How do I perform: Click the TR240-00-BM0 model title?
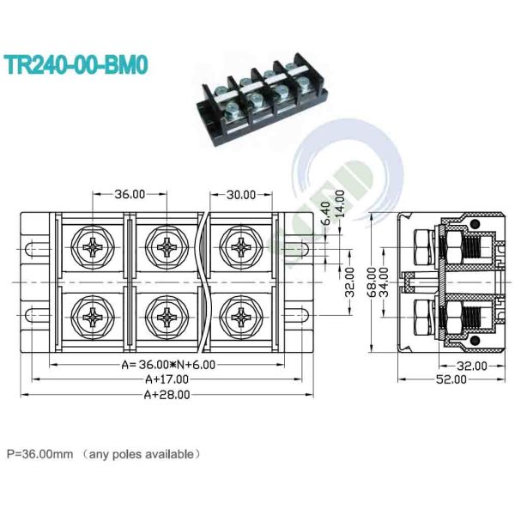point(76,65)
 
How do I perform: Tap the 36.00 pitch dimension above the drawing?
point(130,194)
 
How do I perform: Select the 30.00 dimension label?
point(241,195)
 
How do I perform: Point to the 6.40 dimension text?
point(325,213)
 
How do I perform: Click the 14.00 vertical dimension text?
point(341,203)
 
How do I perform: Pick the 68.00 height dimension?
point(372,282)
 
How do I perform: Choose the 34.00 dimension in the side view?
point(384,282)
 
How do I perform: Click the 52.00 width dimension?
point(451,379)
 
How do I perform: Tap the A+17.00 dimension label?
point(167,379)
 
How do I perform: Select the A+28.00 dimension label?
point(167,395)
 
